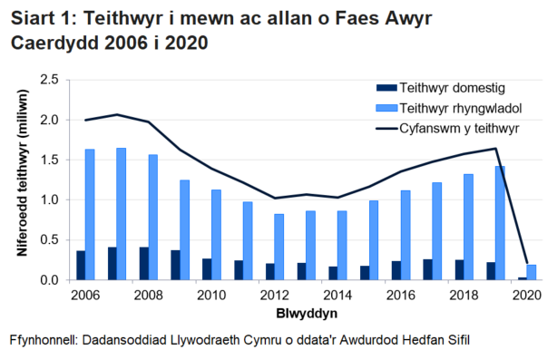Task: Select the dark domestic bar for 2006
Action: pos(80,266)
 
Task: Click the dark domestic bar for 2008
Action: pos(143,264)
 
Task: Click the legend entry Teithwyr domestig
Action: pos(444,88)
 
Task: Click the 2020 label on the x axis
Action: pos(526,296)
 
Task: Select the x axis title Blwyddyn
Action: pos(303,313)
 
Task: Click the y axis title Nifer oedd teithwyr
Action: pos(19,180)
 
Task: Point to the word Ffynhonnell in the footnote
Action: pos(43,341)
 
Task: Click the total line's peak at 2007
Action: pos(117,114)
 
